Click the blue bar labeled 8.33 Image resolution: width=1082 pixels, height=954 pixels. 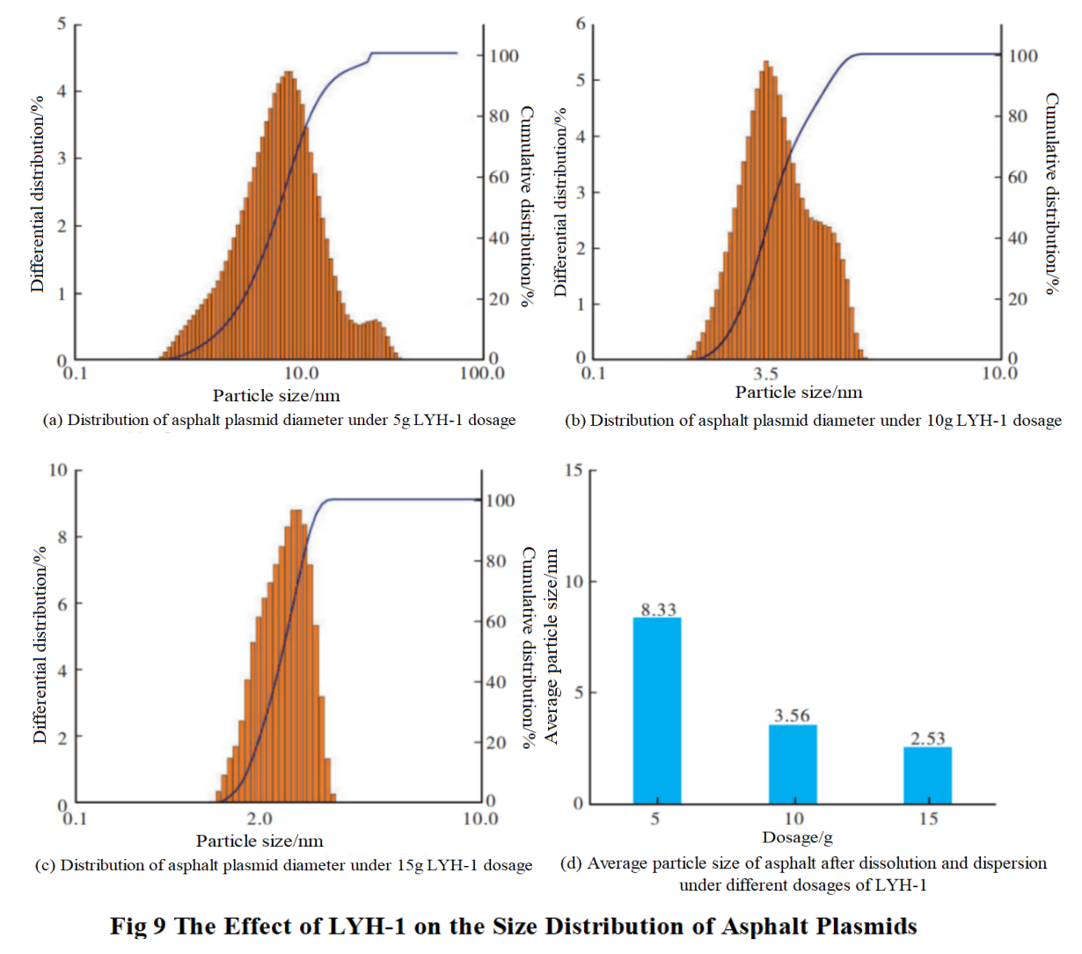pyautogui.click(x=657, y=710)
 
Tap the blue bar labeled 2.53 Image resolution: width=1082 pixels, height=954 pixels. pyautogui.click(x=928, y=775)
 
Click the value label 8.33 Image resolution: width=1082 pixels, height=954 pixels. pyautogui.click(x=658, y=609)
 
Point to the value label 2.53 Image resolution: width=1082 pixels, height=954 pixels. pyautogui.click(x=928, y=738)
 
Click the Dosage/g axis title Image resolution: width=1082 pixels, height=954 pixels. pyautogui.click(x=797, y=837)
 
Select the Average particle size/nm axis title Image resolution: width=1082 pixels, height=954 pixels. pyautogui.click(x=552, y=647)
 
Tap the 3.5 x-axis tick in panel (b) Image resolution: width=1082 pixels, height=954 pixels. pyautogui.click(x=765, y=374)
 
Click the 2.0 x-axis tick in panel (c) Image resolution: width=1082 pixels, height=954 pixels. pyautogui.click(x=260, y=819)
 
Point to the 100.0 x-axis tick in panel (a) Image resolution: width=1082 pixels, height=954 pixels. pyautogui.click(x=482, y=373)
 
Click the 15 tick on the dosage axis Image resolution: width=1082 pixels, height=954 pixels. pyautogui.click(x=928, y=819)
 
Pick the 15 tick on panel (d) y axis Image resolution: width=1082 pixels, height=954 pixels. pyautogui.click(x=574, y=470)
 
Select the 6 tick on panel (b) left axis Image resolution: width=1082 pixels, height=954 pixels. pyautogui.click(x=581, y=24)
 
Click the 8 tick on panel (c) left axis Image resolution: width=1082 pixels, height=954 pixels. pyautogui.click(x=62, y=537)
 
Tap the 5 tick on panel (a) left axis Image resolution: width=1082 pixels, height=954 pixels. pyautogui.click(x=62, y=24)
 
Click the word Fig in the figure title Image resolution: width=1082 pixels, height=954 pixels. pyautogui.click(x=129, y=927)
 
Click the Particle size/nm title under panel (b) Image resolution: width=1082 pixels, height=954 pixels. pyautogui.click(x=799, y=393)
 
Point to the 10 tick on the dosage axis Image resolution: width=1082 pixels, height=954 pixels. pyautogui.click(x=793, y=819)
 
